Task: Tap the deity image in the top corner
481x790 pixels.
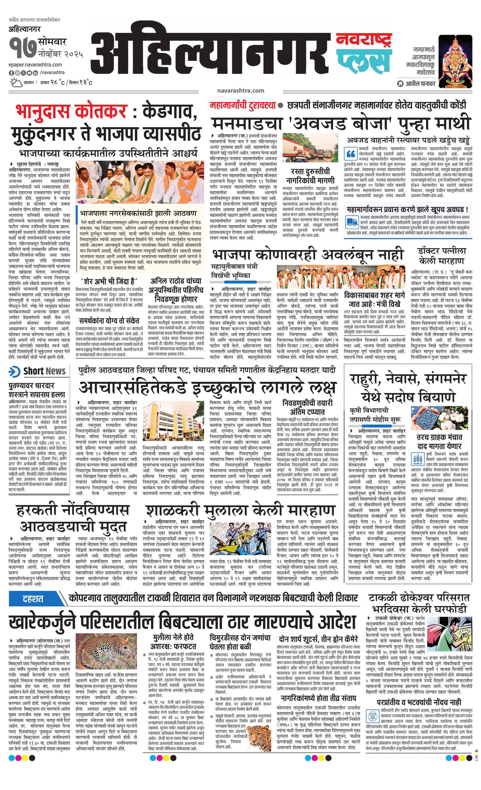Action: tap(455, 61)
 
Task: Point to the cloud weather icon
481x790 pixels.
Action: tap(15, 83)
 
